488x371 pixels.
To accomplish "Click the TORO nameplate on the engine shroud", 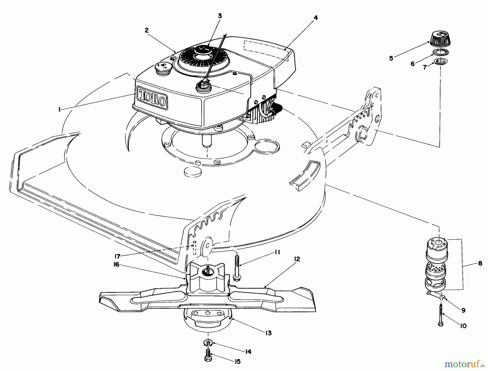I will [x=152, y=98].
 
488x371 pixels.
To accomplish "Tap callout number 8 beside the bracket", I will [x=480, y=263].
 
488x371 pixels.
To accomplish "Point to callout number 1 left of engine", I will [x=59, y=109].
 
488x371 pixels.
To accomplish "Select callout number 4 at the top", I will [x=316, y=18].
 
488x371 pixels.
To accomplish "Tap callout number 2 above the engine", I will [x=147, y=30].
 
